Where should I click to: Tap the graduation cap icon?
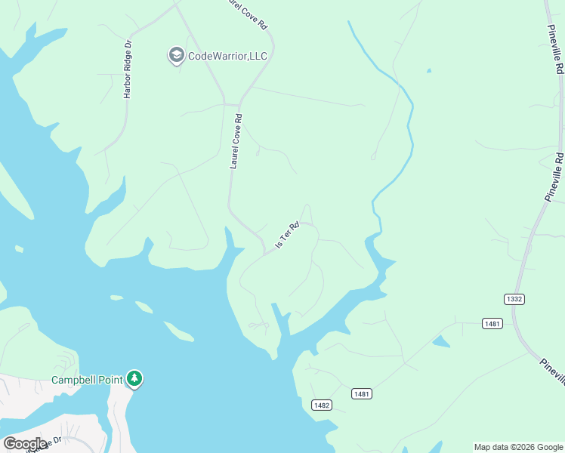[176, 55]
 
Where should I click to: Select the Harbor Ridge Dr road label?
[128, 69]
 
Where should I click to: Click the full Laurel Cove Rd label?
[236, 141]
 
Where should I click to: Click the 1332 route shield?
[514, 299]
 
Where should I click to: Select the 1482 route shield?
[322, 405]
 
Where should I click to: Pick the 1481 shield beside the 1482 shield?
[362, 394]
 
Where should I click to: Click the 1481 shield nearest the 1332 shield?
[492, 323]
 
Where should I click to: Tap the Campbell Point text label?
[86, 379]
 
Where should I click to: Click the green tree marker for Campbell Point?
[134, 377]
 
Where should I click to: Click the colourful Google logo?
[25, 443]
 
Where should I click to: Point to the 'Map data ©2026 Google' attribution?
[518, 447]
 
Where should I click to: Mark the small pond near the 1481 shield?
[440, 341]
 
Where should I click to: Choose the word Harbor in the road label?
[128, 84]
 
